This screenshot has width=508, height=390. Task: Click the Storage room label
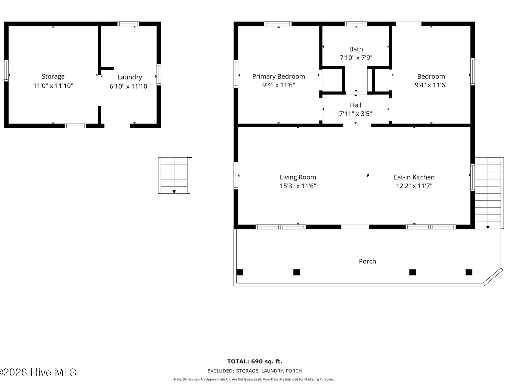point(53,77)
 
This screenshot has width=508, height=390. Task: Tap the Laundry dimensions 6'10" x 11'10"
point(129,86)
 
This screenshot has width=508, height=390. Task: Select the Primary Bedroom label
point(278,77)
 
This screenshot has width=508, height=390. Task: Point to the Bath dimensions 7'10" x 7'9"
point(356,58)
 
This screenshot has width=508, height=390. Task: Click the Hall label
point(356,105)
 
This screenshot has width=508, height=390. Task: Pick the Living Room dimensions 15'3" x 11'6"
point(298,186)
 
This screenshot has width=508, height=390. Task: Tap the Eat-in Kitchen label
point(414,177)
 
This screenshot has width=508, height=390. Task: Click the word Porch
point(367,261)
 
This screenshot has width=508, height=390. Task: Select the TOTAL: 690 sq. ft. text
point(255,362)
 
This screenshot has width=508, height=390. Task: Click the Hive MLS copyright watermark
point(38,372)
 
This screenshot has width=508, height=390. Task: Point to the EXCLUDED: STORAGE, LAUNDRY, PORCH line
point(255,371)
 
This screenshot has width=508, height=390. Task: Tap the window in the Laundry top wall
point(128,24)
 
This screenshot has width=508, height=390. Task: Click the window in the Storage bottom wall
point(75,126)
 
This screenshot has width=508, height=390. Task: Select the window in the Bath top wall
point(356,24)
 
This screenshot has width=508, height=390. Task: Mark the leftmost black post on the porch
point(240,272)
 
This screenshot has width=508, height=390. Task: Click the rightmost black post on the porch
point(469,272)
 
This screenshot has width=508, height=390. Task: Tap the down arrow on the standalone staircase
point(174,192)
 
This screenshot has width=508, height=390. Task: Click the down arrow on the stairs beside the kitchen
point(488,227)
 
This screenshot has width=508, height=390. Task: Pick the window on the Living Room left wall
point(236,176)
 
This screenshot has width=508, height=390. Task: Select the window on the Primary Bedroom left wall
point(236,74)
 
